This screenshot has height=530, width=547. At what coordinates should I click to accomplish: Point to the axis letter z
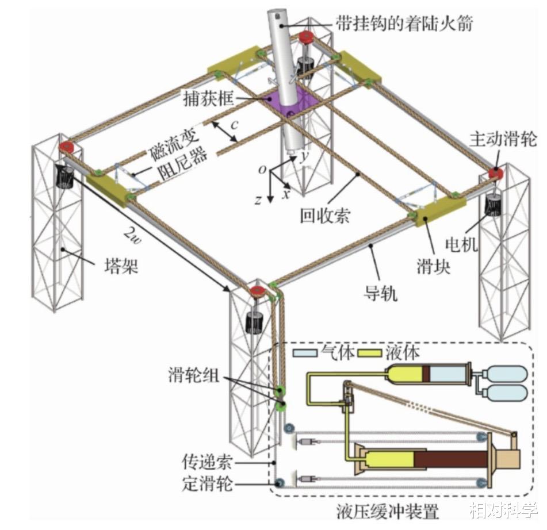coord(259,200)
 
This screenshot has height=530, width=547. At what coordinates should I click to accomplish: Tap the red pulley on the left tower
coord(67,148)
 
